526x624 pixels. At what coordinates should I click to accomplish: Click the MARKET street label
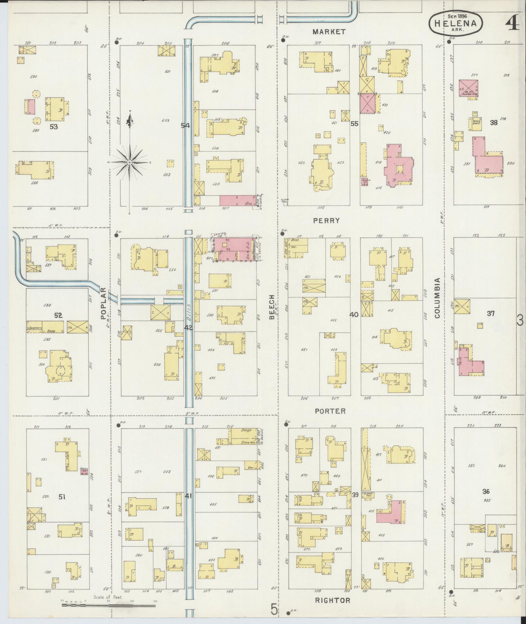329,32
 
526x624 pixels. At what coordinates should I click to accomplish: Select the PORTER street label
330,411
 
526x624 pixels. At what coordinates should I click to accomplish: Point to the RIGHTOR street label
332,600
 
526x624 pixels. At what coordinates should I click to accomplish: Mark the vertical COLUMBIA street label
437,298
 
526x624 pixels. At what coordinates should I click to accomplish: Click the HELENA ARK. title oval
455,23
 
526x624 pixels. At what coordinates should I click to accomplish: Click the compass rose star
130,162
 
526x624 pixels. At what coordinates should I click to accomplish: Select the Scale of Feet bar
109,605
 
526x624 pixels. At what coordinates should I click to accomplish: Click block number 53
53,126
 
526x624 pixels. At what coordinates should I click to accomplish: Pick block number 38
493,123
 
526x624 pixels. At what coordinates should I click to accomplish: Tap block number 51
62,506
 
